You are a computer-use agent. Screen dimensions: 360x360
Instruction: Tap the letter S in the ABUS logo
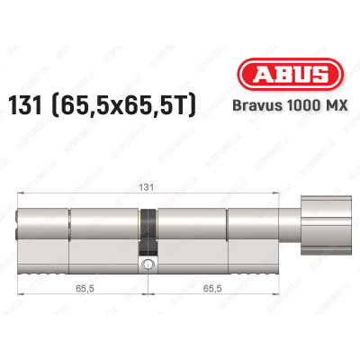pos(315,75)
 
